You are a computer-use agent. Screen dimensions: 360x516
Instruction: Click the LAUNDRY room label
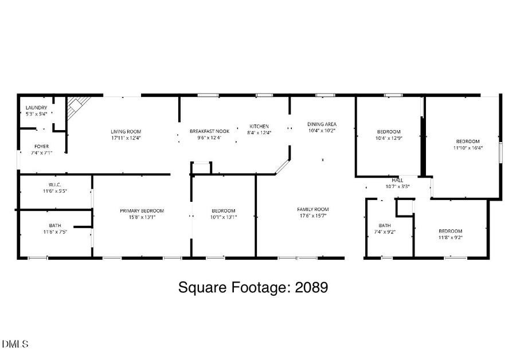(36, 107)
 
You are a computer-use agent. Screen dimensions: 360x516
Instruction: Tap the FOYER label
(41, 146)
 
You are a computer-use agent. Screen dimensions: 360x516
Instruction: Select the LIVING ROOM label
(126, 131)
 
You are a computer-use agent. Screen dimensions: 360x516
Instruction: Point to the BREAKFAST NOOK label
(209, 131)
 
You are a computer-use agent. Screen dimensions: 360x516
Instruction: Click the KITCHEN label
(259, 126)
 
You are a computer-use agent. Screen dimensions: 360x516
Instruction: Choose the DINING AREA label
(322, 124)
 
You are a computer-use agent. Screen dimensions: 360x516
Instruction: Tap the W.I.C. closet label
(55, 184)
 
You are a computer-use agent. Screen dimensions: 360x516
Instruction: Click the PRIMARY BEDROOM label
(142, 210)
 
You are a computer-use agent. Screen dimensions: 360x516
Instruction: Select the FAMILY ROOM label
(312, 209)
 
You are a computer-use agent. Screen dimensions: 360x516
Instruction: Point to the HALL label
(397, 180)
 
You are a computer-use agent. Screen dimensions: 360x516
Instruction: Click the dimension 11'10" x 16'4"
(468, 147)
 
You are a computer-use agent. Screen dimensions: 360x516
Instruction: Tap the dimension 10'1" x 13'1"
(223, 217)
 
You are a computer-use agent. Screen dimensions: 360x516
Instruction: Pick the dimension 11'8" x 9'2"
(450, 237)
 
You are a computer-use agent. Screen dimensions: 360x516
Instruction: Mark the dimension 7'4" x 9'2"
(384, 232)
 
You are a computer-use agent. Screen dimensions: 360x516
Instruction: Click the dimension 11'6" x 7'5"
(55, 232)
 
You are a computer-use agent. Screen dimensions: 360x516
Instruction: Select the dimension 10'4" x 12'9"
(389, 138)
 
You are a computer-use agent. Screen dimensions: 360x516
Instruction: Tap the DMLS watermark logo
(15, 344)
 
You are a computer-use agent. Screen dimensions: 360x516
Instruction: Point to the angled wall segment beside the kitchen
(282, 166)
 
